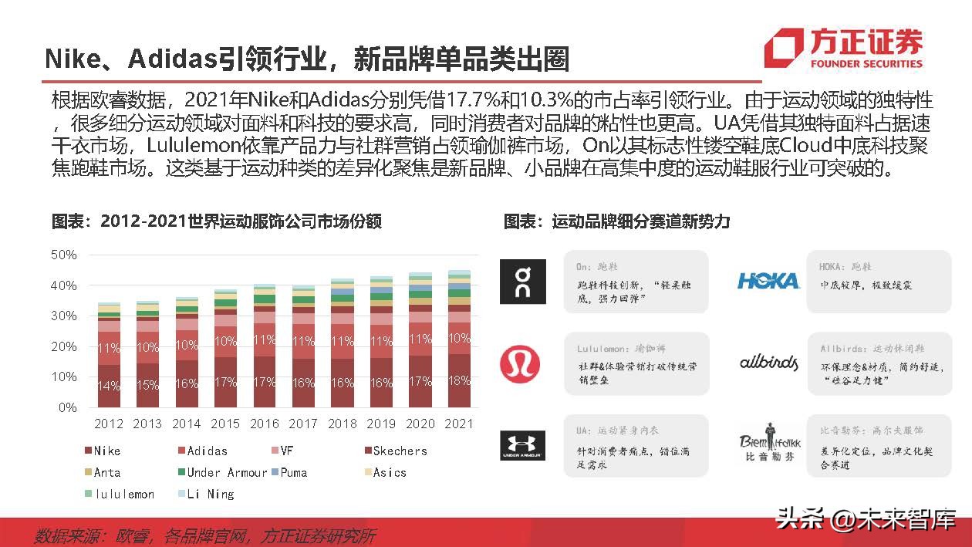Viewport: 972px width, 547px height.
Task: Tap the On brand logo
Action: coord(522,282)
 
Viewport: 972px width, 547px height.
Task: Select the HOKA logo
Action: coord(768,281)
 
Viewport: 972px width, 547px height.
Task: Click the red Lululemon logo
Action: coord(520,364)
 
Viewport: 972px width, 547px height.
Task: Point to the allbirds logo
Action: coord(768,362)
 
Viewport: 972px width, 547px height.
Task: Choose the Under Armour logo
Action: coord(522,446)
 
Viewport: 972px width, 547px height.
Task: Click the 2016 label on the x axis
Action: coord(265,424)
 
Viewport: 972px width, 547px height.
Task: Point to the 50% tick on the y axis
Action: coord(63,255)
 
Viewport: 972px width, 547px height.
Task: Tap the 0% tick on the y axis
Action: coord(67,407)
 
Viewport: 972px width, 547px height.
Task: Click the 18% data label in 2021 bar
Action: coord(459,381)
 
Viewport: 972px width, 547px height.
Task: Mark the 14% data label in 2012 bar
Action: coord(109,386)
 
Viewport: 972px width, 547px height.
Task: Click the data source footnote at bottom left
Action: coord(204,535)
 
